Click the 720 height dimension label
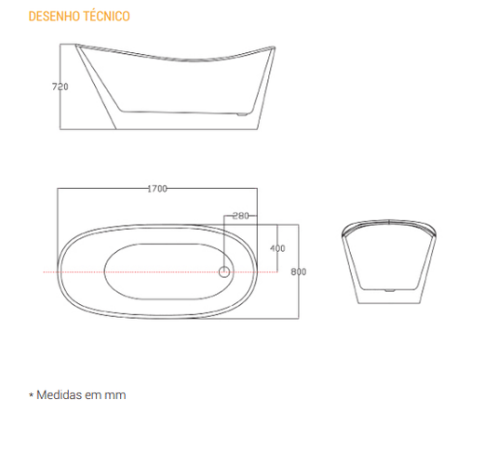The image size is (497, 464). (x=60, y=86)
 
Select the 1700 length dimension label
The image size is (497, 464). (x=157, y=189)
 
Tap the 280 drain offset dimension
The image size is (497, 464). (x=240, y=216)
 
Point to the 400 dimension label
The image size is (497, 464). (x=277, y=248)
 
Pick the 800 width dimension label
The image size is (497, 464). (x=299, y=272)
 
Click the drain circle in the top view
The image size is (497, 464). (x=224, y=272)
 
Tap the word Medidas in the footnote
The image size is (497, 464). (x=60, y=395)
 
